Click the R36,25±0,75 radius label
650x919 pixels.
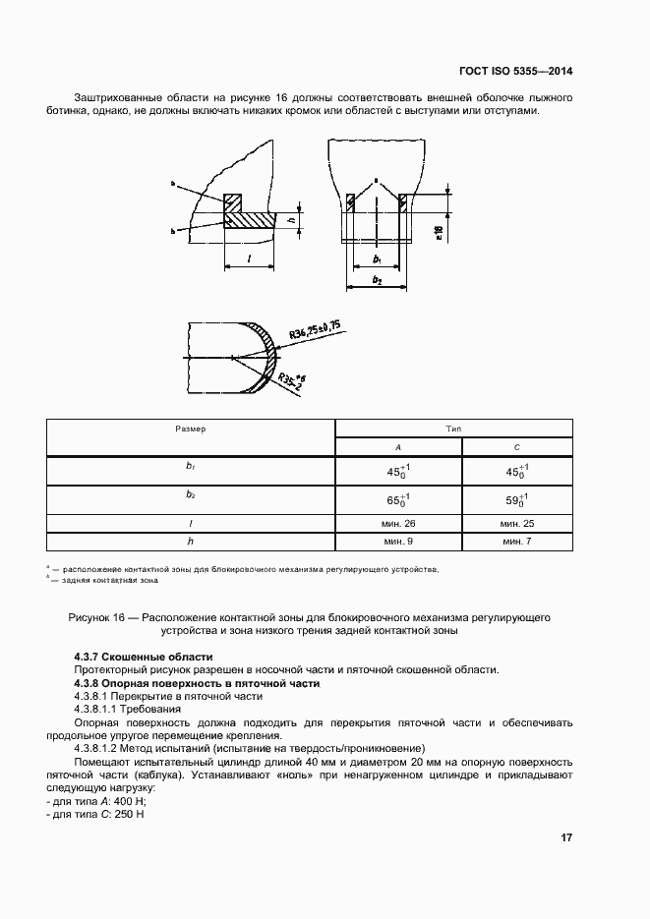click(x=314, y=331)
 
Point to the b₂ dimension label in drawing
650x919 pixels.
click(x=378, y=280)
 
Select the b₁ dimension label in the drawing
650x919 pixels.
click(x=378, y=258)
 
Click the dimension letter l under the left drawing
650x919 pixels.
click(x=249, y=258)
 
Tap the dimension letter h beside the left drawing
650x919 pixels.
click(x=292, y=221)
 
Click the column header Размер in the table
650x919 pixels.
click(x=191, y=430)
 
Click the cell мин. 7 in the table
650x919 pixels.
click(x=516, y=541)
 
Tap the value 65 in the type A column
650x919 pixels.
click(x=395, y=500)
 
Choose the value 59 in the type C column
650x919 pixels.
click(x=513, y=500)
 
